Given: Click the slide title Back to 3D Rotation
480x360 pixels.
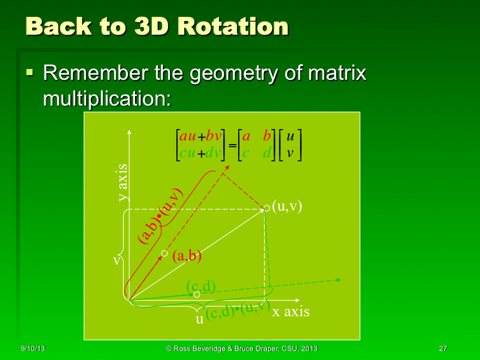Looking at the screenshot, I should click(x=157, y=27).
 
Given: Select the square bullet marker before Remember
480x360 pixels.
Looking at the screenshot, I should click(x=29, y=73).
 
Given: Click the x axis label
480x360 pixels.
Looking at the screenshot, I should click(x=291, y=311).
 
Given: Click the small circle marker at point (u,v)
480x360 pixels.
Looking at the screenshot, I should click(x=267, y=208).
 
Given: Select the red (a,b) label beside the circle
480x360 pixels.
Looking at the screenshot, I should click(x=187, y=256).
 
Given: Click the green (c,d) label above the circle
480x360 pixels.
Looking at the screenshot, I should click(x=200, y=286).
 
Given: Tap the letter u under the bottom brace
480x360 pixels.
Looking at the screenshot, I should click(x=199, y=319).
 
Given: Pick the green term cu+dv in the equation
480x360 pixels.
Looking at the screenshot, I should click(x=200, y=153).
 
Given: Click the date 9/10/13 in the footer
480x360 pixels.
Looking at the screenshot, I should click(x=34, y=349).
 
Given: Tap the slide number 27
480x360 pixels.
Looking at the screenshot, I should click(x=443, y=349).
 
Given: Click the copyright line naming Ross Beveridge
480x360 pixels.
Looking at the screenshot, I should click(x=242, y=349).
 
